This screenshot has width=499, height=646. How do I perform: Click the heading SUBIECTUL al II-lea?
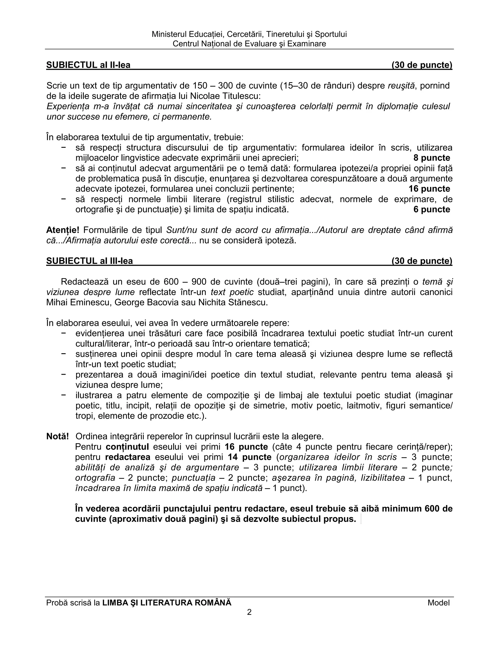click(x=88, y=65)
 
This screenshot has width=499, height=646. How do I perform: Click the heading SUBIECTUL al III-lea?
click(x=89, y=261)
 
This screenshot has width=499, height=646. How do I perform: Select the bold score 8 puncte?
click(x=432, y=158)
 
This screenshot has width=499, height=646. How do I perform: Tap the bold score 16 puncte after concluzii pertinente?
click(x=429, y=189)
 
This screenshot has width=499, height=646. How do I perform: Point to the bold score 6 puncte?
click(x=432, y=209)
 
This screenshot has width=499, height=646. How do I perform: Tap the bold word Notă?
click(x=57, y=436)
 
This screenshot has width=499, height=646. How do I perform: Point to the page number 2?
click(x=249, y=612)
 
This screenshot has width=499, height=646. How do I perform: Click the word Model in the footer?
click(x=438, y=603)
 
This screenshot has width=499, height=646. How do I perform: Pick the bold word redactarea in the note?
click(x=128, y=457)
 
